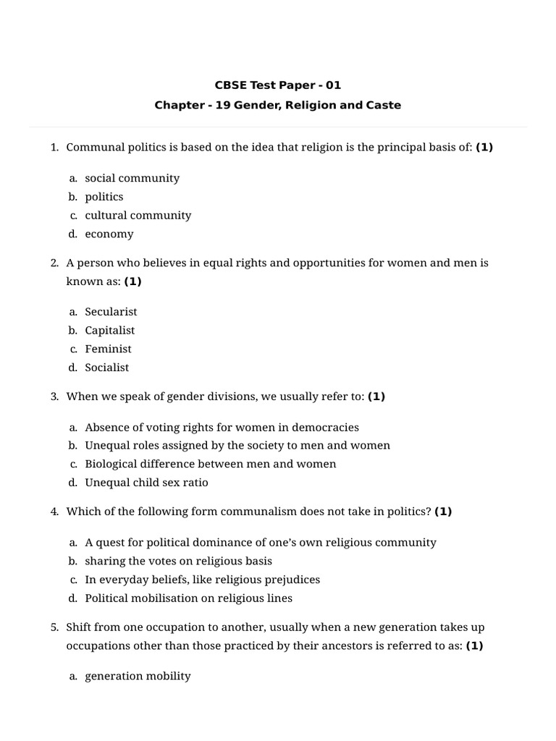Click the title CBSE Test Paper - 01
point(277,85)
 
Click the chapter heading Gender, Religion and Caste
point(277,105)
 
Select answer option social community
point(132,178)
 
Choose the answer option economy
point(109,234)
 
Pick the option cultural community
point(138,215)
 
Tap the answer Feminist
point(108,349)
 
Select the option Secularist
point(111,312)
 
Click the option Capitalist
point(109,330)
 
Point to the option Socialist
point(106,368)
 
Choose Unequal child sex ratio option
point(146,483)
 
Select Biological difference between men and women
point(210,464)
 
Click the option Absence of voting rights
point(222,427)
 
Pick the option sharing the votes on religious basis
point(178,561)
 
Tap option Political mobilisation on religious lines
point(188,598)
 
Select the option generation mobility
point(138,676)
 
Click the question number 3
point(54,397)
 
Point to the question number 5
point(54,627)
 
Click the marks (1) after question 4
point(443,512)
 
